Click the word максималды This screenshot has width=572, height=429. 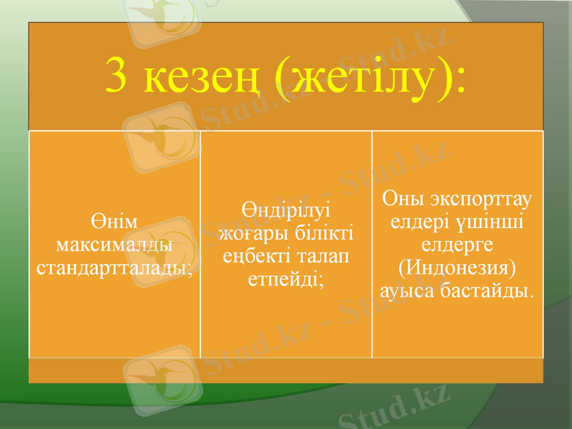114,245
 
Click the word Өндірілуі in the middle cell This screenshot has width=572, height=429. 286,209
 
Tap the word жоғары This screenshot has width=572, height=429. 250,233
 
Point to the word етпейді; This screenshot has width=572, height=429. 286,280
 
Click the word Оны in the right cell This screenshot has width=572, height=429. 405,198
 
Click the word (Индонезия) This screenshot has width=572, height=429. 458,268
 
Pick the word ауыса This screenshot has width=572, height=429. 413,292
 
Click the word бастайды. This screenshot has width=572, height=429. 493,292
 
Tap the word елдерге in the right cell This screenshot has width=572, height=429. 458,245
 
